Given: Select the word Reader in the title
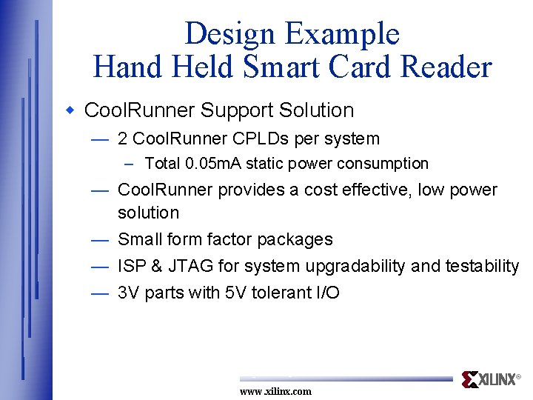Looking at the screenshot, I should tap(446, 67).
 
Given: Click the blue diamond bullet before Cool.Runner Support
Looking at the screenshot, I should tap(71, 110).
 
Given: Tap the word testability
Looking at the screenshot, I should tap(482, 266).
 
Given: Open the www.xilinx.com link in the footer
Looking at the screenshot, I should tap(275, 391).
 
